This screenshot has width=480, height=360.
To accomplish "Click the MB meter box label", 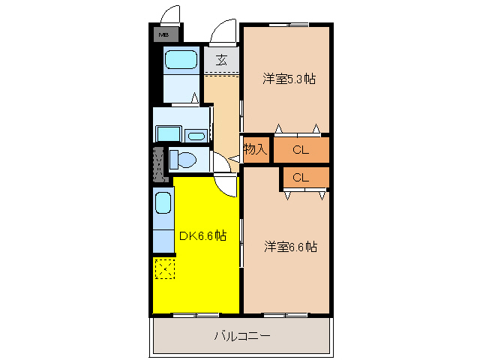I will pos(163,34).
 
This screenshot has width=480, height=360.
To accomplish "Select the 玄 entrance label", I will pos(222,61).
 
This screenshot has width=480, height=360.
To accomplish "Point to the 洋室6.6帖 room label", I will pos(289,247).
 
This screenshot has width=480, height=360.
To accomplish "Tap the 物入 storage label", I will pos(255,149).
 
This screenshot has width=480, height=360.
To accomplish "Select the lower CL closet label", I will pos(301,178).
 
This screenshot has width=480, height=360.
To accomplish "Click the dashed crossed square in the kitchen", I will pos(164,268).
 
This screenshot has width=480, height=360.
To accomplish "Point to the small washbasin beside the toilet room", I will pos(196,136).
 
